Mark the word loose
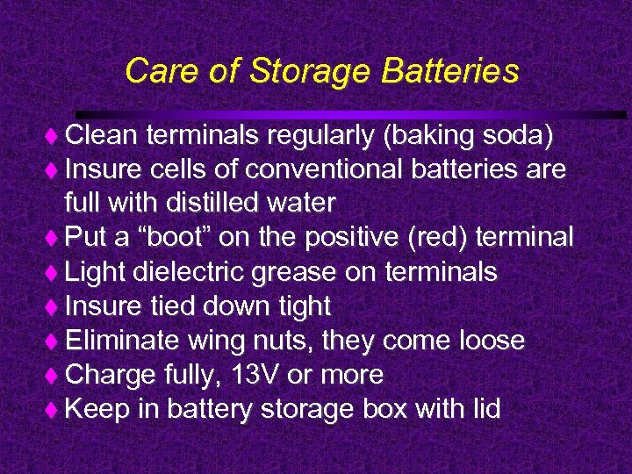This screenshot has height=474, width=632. click(x=488, y=341)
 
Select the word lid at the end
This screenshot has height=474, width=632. click(x=483, y=409)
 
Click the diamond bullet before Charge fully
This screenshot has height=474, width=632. click(x=52, y=376)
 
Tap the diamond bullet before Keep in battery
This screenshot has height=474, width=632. click(x=52, y=410)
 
